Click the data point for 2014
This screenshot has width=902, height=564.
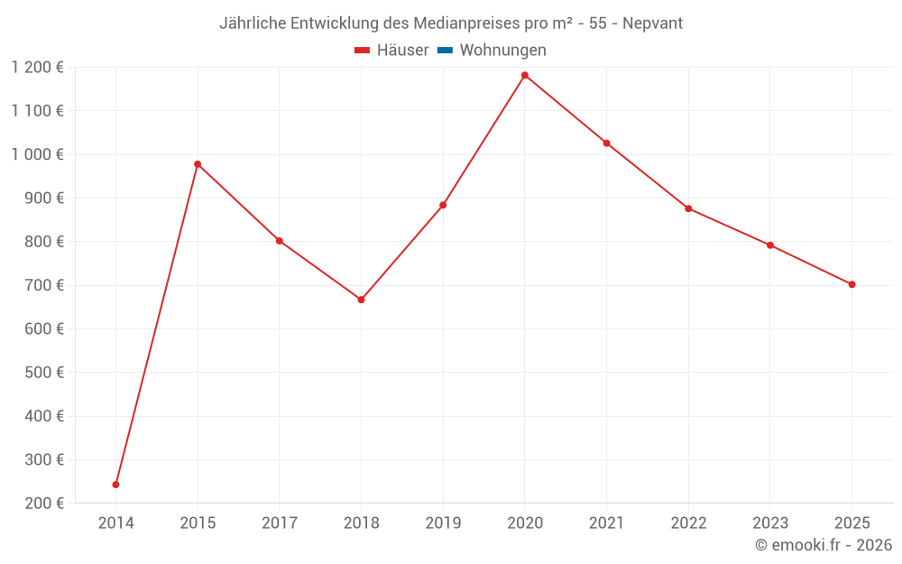(x=115, y=485)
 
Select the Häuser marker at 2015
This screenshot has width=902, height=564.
(x=198, y=164)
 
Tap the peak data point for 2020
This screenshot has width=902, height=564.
(x=525, y=75)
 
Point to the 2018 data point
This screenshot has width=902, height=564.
(x=361, y=300)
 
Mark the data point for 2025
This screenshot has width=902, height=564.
(x=851, y=284)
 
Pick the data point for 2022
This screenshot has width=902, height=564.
(x=688, y=208)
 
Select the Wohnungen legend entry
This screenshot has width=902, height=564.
(x=502, y=51)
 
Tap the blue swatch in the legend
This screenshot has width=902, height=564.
(x=445, y=51)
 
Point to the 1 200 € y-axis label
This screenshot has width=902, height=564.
(x=37, y=68)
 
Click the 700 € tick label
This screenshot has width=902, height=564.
(x=43, y=285)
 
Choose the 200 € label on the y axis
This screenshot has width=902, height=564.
(x=43, y=504)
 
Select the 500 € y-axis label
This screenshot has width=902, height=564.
(x=43, y=373)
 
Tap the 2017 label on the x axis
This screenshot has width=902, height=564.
(x=280, y=523)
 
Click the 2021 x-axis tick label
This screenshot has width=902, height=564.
(x=606, y=523)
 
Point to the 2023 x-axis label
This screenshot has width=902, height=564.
(x=769, y=523)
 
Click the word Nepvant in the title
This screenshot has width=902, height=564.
(x=653, y=23)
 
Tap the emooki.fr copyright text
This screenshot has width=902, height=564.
(x=824, y=545)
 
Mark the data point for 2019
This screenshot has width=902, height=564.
(x=443, y=205)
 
